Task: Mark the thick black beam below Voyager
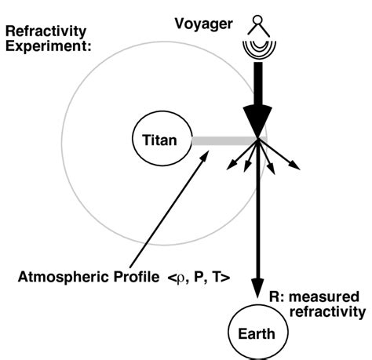[x=258, y=82]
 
